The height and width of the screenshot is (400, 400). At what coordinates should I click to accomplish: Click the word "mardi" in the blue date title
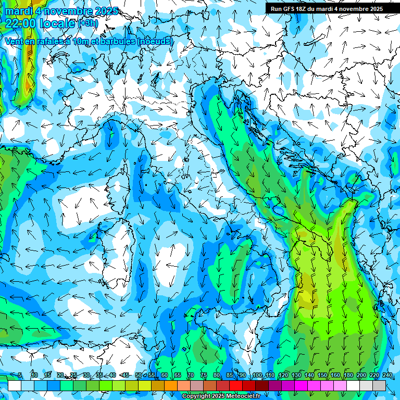coord(18,11)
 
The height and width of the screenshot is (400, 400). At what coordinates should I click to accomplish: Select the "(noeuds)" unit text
coord(155,42)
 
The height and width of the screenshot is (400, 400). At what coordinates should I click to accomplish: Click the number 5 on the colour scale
coord(20,376)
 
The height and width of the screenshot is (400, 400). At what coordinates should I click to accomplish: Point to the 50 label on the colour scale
coord(138,376)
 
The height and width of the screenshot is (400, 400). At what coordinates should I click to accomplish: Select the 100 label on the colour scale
coord(257,376)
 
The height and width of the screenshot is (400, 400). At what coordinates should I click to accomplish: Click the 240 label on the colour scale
coord(387,376)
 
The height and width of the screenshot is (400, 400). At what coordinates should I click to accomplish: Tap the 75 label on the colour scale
coord(203,376)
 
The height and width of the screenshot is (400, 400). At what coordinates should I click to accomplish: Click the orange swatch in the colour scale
coord(171,385)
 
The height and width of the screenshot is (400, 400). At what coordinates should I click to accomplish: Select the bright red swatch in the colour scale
coord(236,385)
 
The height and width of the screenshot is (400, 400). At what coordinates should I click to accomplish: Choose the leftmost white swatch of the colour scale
coord(15,385)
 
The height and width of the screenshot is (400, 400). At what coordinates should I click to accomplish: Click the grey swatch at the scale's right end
coord(379,385)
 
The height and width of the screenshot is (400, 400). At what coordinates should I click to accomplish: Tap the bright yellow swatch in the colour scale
coord(145,385)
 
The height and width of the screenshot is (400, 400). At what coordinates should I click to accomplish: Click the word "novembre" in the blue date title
coord(72,11)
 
